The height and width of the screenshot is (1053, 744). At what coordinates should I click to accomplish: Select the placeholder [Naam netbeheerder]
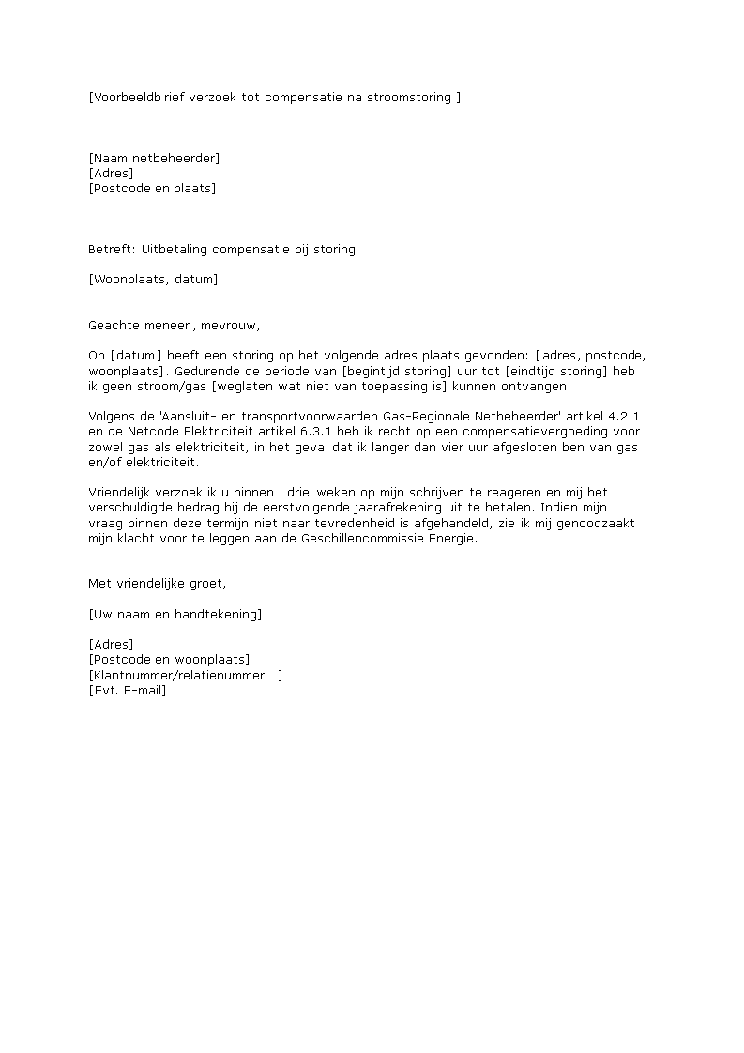pyautogui.click(x=154, y=158)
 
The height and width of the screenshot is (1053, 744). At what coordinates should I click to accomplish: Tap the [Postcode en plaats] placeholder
pyautogui.click(x=152, y=188)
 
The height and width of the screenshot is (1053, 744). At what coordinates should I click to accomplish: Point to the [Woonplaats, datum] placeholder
pyautogui.click(x=153, y=279)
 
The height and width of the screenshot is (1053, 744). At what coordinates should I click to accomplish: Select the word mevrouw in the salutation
pyautogui.click(x=229, y=326)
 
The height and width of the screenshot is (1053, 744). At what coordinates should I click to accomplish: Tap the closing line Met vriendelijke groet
pyautogui.click(x=157, y=583)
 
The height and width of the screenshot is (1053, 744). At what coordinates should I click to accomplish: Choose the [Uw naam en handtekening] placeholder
pyautogui.click(x=175, y=614)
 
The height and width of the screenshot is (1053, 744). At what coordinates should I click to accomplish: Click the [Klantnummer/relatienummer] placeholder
pyautogui.click(x=184, y=675)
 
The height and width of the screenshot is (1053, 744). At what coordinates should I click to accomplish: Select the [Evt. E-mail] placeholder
pyautogui.click(x=127, y=690)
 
